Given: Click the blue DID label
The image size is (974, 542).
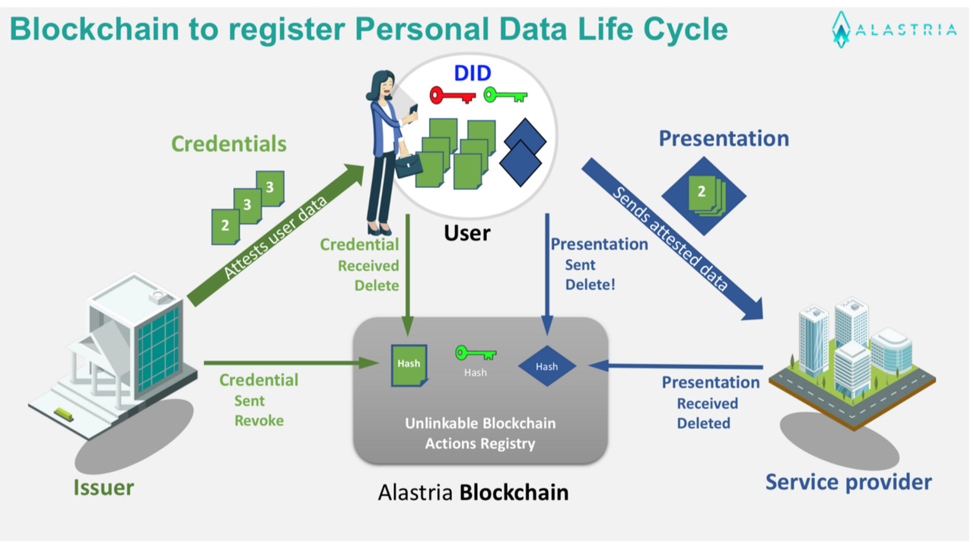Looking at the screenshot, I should (x=473, y=73).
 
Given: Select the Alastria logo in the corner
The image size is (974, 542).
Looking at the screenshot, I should (x=893, y=30).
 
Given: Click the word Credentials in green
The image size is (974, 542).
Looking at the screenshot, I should (x=228, y=144).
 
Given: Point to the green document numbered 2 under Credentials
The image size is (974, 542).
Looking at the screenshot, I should (x=224, y=226).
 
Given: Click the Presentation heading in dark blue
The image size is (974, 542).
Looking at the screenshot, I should (x=724, y=139).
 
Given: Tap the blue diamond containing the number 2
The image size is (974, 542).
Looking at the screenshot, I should (x=703, y=195).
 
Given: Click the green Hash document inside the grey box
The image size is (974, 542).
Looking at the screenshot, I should (x=409, y=365).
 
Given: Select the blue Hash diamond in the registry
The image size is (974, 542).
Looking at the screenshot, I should (x=546, y=366).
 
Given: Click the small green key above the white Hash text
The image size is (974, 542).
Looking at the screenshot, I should (x=476, y=353).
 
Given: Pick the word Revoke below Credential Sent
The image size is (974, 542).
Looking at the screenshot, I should (x=259, y=421).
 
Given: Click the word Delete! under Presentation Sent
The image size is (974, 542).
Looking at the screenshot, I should (x=590, y=285).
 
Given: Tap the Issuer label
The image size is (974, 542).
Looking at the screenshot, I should (x=103, y=487).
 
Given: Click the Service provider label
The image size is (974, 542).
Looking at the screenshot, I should (x=848, y=482).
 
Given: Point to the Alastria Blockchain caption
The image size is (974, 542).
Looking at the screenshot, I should (x=473, y=493).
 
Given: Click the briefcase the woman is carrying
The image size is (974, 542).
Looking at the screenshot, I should (x=408, y=165).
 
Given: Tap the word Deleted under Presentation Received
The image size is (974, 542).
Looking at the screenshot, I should (x=703, y=423).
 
